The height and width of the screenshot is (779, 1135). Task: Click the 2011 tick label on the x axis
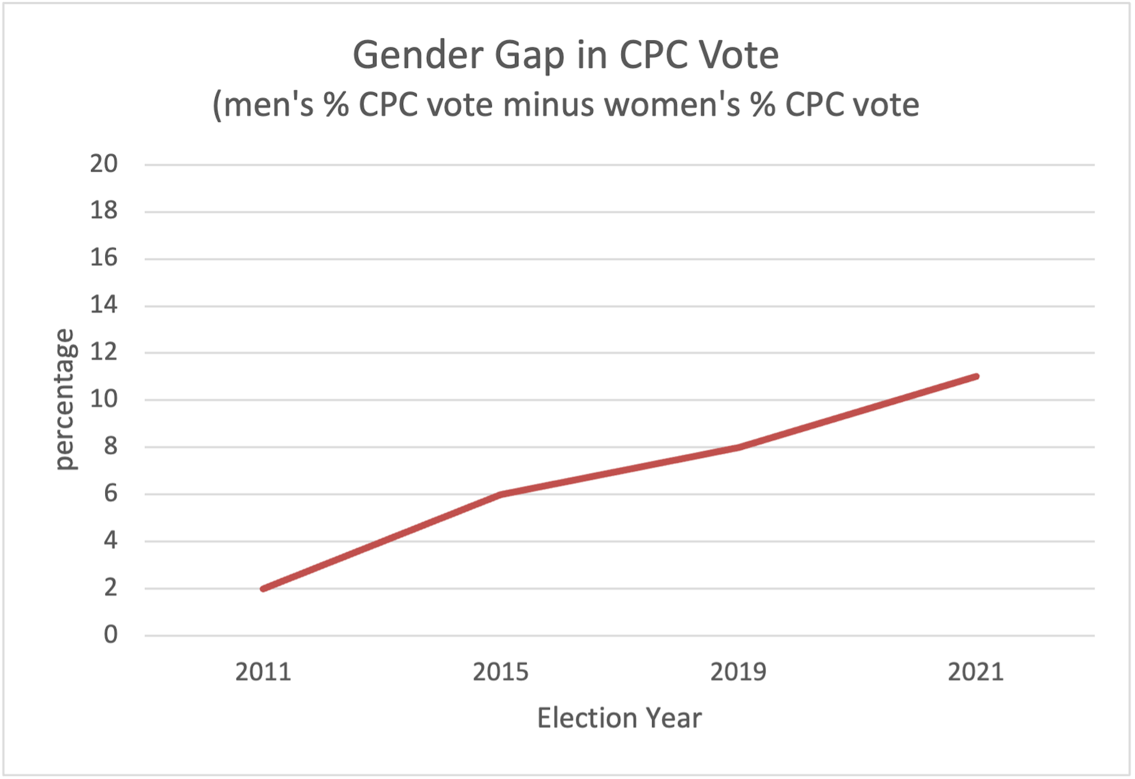[x=263, y=672]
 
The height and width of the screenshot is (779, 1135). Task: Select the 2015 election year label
[x=500, y=672]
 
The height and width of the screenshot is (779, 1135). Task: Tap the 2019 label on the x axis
[x=738, y=672]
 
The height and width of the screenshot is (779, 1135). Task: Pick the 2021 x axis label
[x=975, y=672]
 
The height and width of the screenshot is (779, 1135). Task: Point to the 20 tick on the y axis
[x=104, y=164]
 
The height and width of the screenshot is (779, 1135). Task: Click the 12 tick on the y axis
[x=104, y=353]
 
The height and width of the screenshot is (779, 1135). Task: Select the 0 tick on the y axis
[x=111, y=635]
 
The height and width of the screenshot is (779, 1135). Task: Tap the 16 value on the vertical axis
[x=104, y=258]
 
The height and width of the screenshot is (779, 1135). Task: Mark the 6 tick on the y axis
[x=111, y=493]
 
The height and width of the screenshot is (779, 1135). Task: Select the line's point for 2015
[x=501, y=494]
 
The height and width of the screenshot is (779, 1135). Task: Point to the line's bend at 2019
[x=738, y=447]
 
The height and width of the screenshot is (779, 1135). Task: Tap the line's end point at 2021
[x=975, y=377]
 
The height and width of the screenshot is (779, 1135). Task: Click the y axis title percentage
[x=64, y=400]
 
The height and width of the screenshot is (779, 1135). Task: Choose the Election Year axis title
[x=619, y=718]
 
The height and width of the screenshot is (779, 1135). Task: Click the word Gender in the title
[x=417, y=56]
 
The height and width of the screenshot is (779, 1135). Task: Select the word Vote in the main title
[x=738, y=56]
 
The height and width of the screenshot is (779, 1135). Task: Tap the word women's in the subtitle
[x=672, y=105]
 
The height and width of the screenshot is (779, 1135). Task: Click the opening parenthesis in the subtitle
[x=217, y=106]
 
